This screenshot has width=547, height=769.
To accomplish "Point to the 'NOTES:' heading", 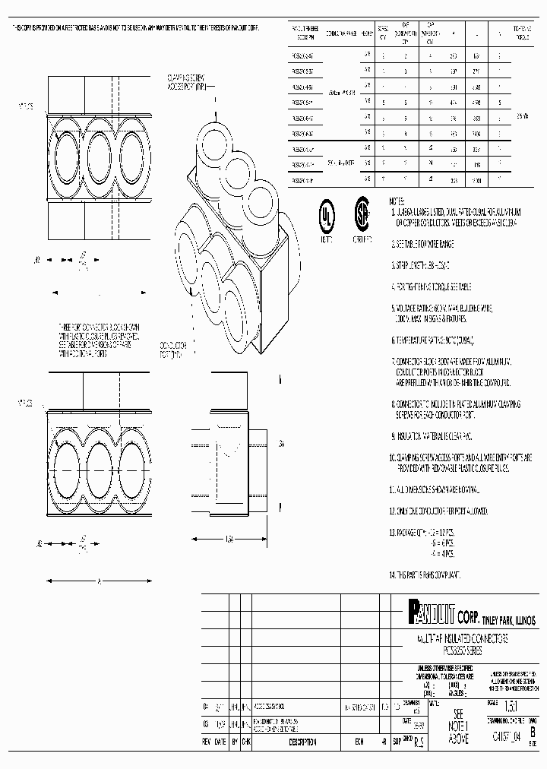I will (397, 201).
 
